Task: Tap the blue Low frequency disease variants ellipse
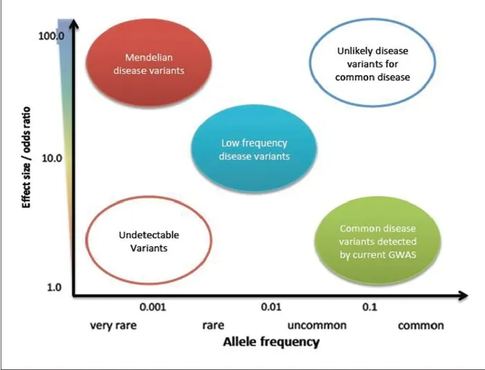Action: [254, 150]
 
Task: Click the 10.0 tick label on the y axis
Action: [51, 158]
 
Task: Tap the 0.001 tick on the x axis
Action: [152, 306]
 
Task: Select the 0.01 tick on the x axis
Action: [271, 306]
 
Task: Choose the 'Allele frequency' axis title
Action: [271, 342]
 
